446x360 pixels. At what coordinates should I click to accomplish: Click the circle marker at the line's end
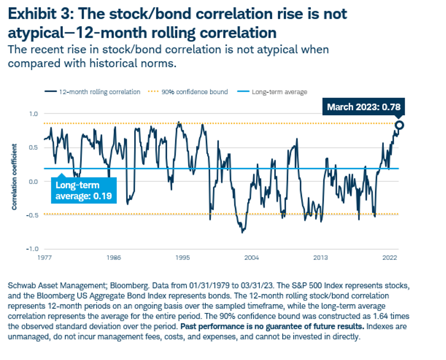click(399, 126)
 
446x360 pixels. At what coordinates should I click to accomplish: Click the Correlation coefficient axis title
click(15, 177)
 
